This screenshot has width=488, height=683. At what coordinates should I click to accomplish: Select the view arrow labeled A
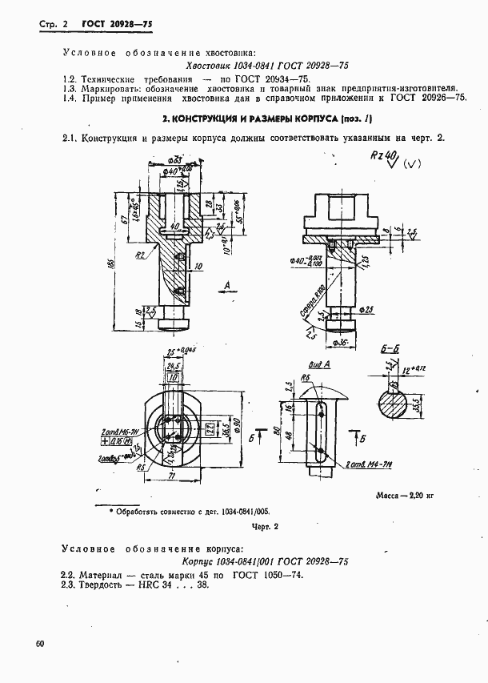pyautogui.click(x=230, y=285)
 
